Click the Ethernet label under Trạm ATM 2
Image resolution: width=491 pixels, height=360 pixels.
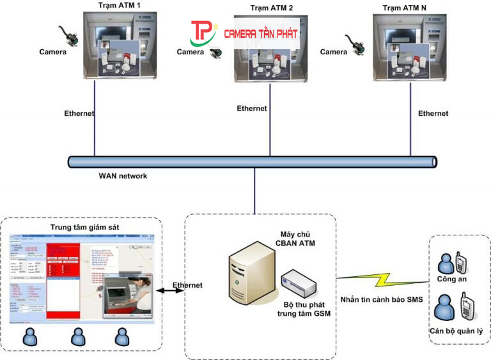tap(252, 109)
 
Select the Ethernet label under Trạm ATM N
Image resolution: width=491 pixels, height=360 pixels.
tap(433, 113)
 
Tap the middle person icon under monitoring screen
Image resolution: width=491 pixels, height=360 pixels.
tap(78, 336)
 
